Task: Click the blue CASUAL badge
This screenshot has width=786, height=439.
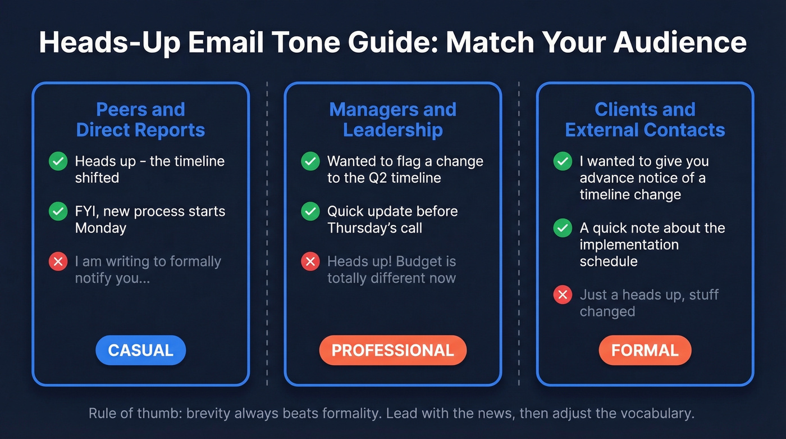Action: coord(140,350)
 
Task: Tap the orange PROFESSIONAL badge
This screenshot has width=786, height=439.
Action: coord(392,350)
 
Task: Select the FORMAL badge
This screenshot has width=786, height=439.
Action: coord(645,350)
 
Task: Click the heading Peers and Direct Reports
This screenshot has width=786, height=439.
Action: coord(140,120)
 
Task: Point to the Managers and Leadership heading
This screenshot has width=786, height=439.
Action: coord(392,120)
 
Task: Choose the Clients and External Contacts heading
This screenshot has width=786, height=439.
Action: coord(645,120)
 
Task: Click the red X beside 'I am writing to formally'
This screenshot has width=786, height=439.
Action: coord(58,262)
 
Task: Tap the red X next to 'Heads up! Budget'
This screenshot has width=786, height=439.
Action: coord(310,262)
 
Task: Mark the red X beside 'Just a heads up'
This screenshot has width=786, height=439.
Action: coord(563,295)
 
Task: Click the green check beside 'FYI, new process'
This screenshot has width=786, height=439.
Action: coord(58,212)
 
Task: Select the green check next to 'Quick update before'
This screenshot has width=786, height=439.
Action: coord(310,212)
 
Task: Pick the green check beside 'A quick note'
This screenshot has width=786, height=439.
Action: coord(563,228)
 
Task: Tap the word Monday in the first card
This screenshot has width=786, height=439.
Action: coord(100,228)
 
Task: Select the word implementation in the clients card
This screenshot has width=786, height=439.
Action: coord(629,245)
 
